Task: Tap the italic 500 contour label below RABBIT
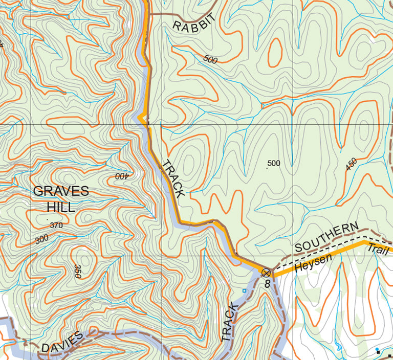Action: [x=210, y=60]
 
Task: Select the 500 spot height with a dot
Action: [x=273, y=164]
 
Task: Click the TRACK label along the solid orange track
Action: [x=172, y=179]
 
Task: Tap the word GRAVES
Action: [x=61, y=192]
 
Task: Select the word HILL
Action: [x=61, y=207]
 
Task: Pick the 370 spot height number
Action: [x=56, y=226]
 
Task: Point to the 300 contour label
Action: [x=42, y=239]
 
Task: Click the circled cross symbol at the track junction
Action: [x=266, y=273]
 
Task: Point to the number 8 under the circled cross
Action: [x=267, y=283]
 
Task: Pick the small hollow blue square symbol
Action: [x=244, y=291]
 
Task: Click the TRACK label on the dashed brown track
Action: [x=230, y=322]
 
